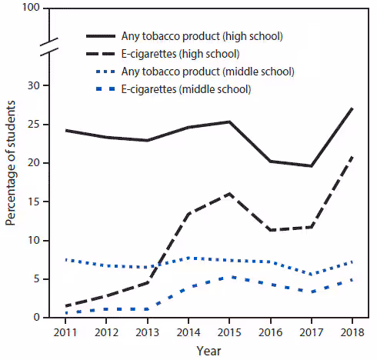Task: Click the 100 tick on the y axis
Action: (x=31, y=9)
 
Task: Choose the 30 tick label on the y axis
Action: (x=34, y=85)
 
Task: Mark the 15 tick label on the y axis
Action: (x=34, y=202)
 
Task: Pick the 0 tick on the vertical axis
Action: (x=37, y=317)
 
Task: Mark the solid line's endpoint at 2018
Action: (x=352, y=108)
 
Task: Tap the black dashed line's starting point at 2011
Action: (x=67, y=305)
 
